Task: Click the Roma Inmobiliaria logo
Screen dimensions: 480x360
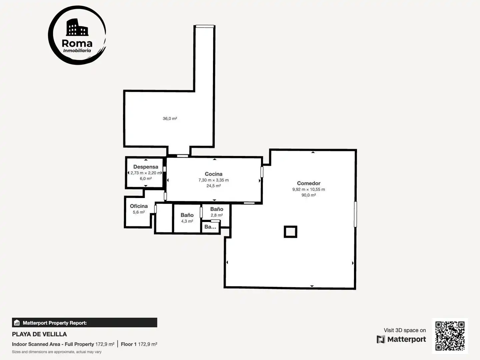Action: (77, 35)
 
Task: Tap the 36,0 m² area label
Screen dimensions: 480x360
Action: (170, 118)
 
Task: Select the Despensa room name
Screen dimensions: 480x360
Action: (146, 167)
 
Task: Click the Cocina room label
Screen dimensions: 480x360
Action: (214, 174)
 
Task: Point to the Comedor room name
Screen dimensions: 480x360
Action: (309, 183)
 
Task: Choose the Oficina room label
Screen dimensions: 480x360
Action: (139, 206)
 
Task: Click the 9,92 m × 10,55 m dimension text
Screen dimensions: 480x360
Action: (309, 189)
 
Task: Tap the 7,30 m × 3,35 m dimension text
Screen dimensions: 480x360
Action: (214, 180)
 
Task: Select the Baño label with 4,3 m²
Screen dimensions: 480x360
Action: (187, 215)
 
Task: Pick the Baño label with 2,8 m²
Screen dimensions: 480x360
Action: (217, 209)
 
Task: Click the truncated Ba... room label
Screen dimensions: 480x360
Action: (210, 227)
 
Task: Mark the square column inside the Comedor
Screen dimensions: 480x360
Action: (290, 232)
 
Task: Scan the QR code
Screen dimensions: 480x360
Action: (450, 336)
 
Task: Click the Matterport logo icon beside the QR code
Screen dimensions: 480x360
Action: (381, 339)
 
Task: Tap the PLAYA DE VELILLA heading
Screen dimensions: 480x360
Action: (39, 334)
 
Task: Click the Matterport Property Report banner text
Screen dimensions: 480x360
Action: (55, 323)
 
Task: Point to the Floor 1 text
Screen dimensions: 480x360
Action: (129, 344)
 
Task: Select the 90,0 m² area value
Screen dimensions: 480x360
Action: (309, 195)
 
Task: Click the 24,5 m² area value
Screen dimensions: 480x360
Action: (214, 186)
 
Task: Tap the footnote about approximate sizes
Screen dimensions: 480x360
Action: (57, 352)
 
